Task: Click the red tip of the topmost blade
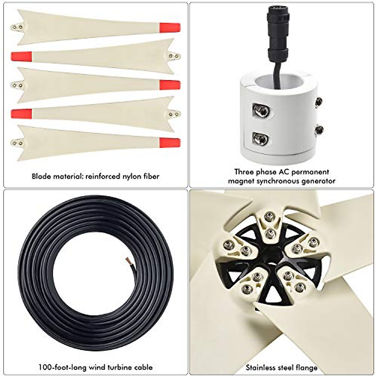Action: (170, 28)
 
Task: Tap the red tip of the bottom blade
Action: (170, 143)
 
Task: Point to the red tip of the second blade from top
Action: (21, 57)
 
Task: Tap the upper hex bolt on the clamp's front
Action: (261, 110)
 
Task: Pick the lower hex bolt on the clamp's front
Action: (260, 138)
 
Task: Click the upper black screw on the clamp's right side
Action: (319, 102)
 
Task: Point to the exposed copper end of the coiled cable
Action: (129, 260)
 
